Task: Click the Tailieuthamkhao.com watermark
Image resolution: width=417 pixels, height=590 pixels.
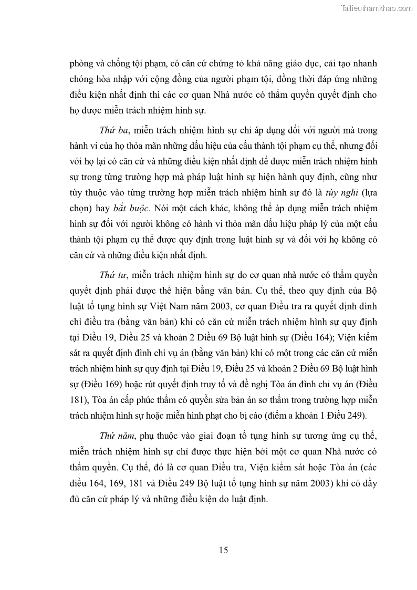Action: click(x=377, y=8)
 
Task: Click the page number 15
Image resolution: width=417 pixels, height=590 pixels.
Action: click(x=223, y=550)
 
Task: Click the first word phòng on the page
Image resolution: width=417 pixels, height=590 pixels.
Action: click(x=82, y=64)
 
